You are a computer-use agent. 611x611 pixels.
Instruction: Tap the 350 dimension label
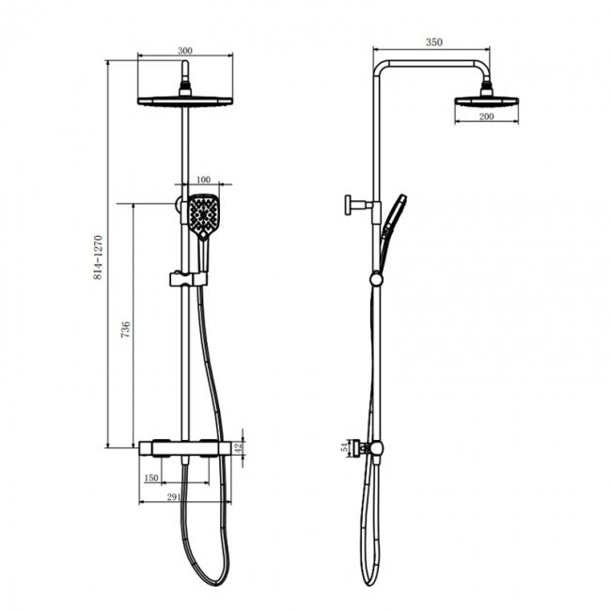pos(432,42)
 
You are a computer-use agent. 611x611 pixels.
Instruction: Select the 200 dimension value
pos(486,116)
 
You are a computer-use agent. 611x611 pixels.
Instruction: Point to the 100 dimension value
pos(202,179)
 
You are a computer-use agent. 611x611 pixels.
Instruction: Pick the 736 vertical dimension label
pos(127,329)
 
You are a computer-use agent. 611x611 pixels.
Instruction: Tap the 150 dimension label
pos(150,478)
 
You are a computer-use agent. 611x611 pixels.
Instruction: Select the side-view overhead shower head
pos(486,99)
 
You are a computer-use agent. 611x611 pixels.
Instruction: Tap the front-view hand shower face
pos(202,215)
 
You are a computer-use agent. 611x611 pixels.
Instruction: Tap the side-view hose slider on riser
pos(376,278)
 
